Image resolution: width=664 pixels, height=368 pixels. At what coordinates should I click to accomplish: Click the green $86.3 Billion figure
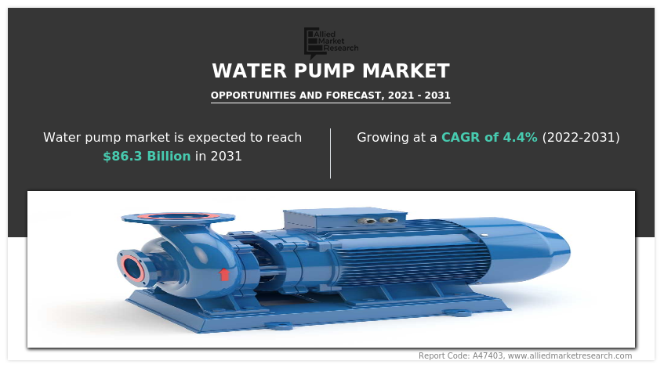coord(147,156)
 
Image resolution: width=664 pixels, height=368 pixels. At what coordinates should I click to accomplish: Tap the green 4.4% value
coord(520,137)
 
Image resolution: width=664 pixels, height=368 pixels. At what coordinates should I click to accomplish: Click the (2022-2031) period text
coord(581,137)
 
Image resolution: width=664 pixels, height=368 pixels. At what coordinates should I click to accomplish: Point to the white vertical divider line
coord(331,153)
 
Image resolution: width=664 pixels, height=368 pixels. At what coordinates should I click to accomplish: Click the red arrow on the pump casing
coord(224,274)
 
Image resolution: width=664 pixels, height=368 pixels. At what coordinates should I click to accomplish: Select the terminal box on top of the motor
coord(345,222)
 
